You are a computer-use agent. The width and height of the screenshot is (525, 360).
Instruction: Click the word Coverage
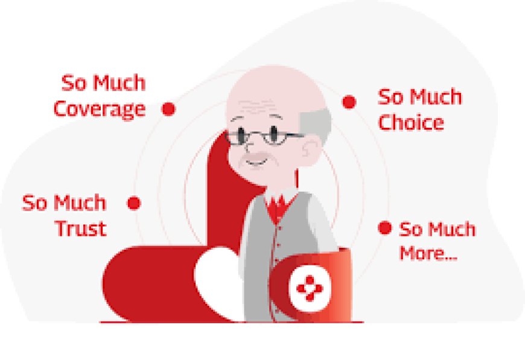(x=99, y=109)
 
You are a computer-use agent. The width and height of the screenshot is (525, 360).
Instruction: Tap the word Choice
(x=410, y=122)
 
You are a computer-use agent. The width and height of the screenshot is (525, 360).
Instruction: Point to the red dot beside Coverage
(x=169, y=109)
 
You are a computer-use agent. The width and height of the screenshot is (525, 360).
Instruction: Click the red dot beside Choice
(x=349, y=102)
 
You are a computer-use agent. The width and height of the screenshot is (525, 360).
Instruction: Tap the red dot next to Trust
(x=135, y=203)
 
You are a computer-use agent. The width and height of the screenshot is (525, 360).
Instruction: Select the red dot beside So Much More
(x=384, y=228)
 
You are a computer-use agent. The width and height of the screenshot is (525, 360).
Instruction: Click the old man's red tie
(x=278, y=208)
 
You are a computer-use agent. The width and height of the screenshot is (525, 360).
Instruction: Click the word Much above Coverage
(x=119, y=83)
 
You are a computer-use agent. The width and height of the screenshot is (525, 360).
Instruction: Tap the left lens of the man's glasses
(x=245, y=136)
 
